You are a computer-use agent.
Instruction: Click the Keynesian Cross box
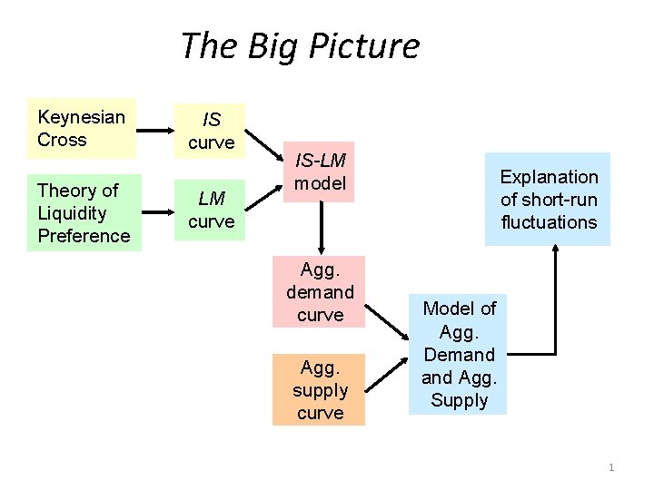pos(82,128)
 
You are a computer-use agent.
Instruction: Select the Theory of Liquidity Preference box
pos(84,212)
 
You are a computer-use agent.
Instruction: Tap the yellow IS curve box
pos(211,131)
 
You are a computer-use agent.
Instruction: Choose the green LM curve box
pos(211,210)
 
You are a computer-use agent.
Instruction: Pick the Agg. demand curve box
pos(320,291)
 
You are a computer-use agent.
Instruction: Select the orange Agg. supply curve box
pos(320,389)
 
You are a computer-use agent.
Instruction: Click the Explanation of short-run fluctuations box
pos(548,200)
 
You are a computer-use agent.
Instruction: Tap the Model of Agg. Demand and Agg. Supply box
pos(459,355)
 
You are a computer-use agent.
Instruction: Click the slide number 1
pos(611,467)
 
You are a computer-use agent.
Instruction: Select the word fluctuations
pos(549,222)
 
